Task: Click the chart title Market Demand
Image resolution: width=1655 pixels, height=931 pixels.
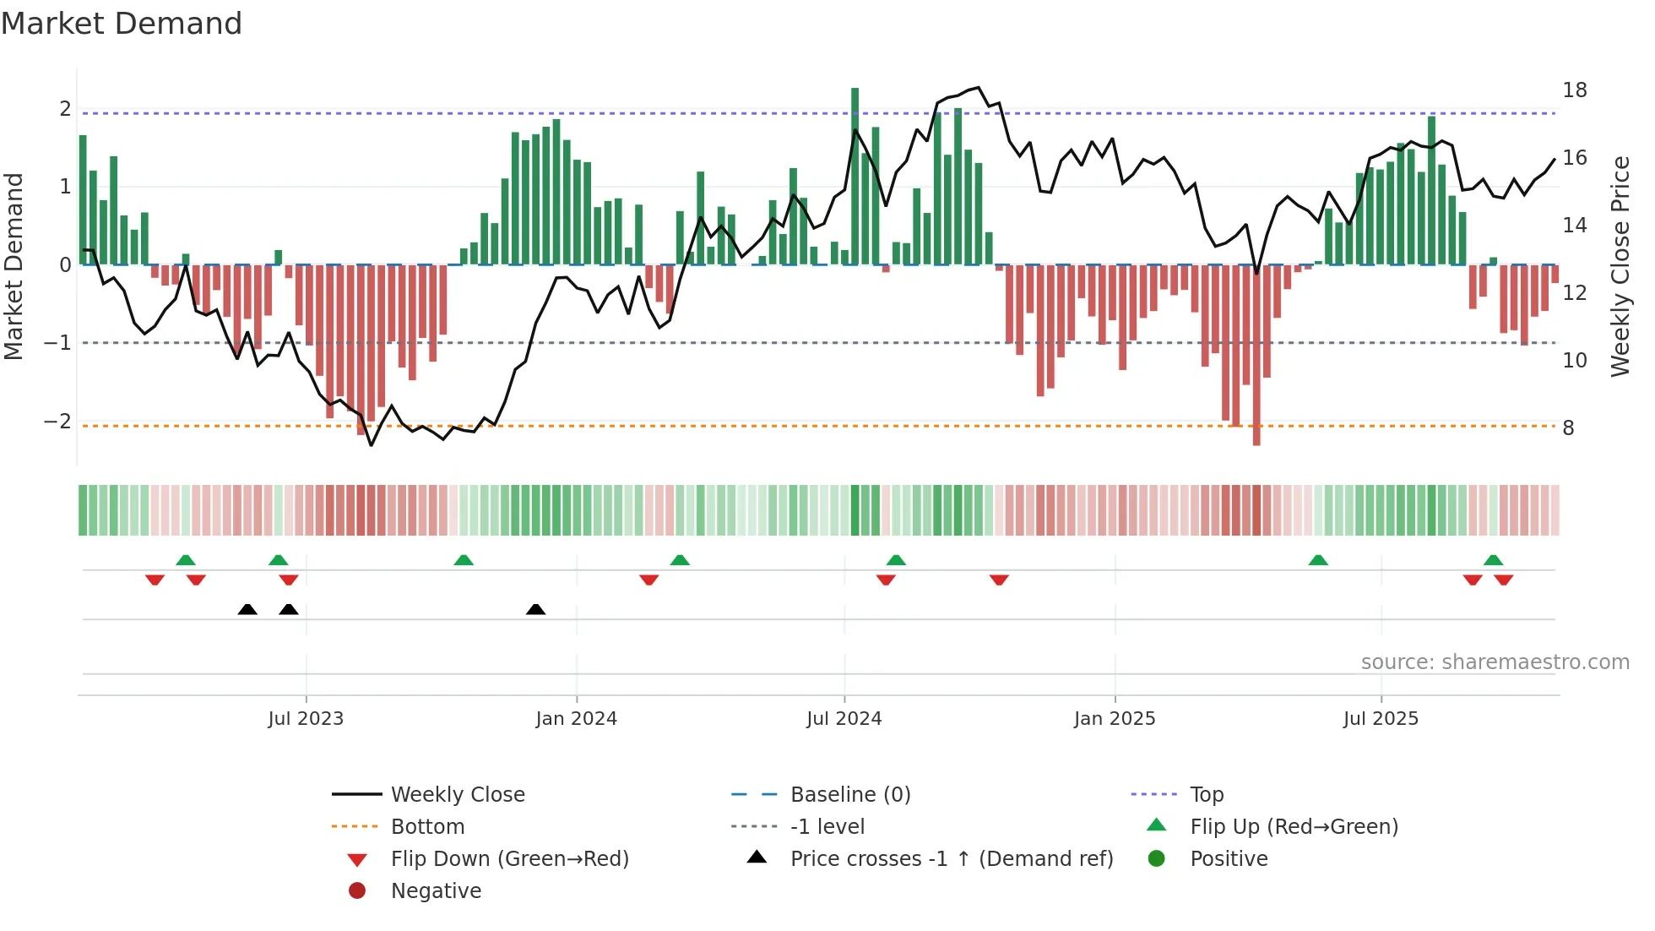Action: pyautogui.click(x=122, y=24)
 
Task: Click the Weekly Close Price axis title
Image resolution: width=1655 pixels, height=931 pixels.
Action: pyautogui.click(x=1620, y=266)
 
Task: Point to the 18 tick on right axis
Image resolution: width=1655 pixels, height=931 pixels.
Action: pyautogui.click(x=1574, y=90)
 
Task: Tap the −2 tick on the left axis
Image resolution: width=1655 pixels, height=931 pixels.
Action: pyautogui.click(x=57, y=422)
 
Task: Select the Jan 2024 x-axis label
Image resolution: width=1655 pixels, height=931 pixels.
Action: pyautogui.click(x=576, y=719)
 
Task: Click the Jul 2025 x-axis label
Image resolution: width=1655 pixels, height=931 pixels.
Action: pyautogui.click(x=1381, y=719)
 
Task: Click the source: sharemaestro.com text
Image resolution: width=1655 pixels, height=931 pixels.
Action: pyautogui.click(x=1495, y=662)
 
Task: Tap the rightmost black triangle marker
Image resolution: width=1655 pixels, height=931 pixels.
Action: pyautogui.click(x=535, y=609)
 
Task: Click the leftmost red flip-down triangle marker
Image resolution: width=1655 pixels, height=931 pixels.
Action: pyautogui.click(x=155, y=580)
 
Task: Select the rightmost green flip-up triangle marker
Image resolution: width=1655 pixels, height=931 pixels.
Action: pyautogui.click(x=1493, y=560)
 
